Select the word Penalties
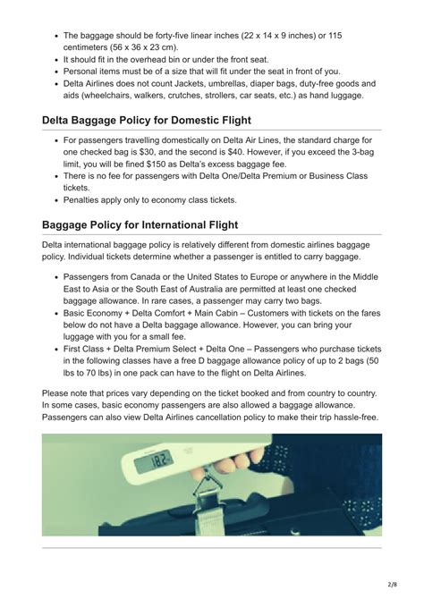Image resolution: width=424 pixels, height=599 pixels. (x=88, y=201)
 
